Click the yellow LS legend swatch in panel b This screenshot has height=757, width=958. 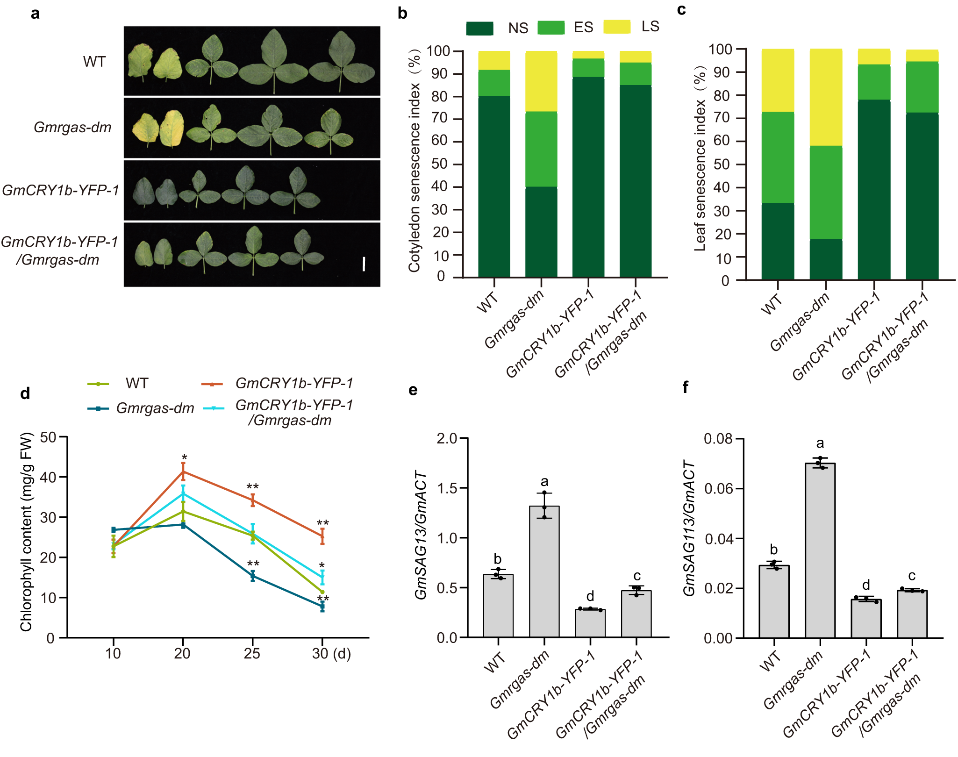tap(616, 27)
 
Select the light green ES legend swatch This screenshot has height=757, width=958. tap(550, 28)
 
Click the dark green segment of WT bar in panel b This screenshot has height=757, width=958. tap(494, 187)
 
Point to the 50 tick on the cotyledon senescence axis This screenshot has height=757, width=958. tap(440, 164)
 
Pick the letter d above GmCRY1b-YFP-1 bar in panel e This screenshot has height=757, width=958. tap(590, 596)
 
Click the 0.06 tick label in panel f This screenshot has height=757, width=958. tap(720, 489)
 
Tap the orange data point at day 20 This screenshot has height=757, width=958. tap(183, 471)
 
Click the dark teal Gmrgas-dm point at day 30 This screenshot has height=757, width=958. tap(322, 607)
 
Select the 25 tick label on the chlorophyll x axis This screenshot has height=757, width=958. tap(252, 653)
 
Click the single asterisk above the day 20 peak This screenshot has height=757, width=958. tap(184, 458)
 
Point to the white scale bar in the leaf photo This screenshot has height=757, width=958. tap(364, 264)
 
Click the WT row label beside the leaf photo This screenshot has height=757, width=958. tap(94, 62)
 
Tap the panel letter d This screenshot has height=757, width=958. tap(25, 393)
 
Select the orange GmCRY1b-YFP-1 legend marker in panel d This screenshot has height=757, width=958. tap(212, 384)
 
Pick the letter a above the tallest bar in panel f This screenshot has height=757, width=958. tap(820, 443)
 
